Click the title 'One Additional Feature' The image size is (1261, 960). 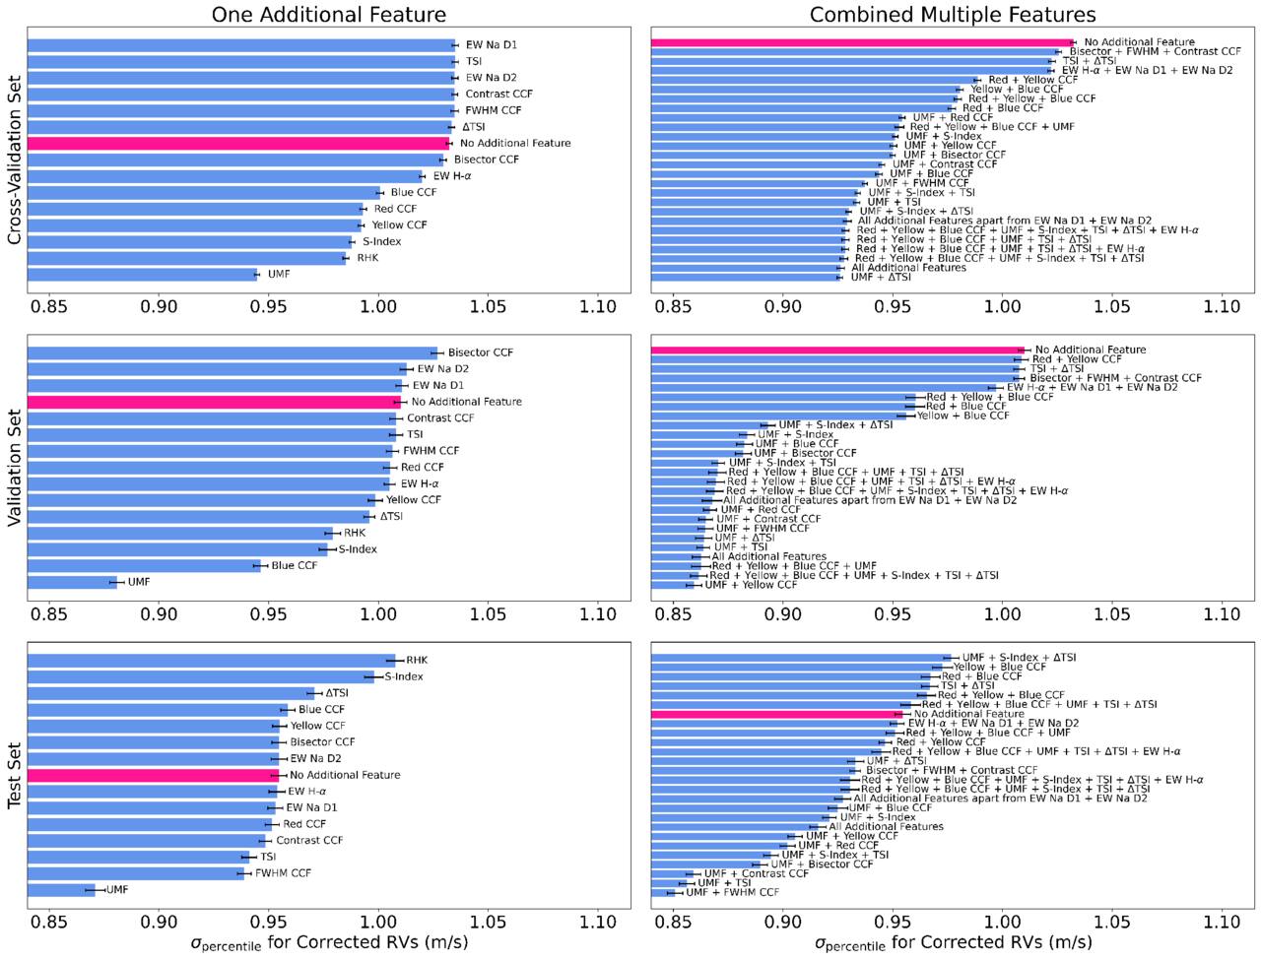pyautogui.click(x=329, y=15)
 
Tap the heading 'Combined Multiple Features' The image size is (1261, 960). pyautogui.click(x=953, y=15)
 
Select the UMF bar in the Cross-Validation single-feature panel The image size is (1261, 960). pyautogui.click(x=142, y=275)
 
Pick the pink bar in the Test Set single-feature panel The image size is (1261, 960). pyautogui.click(x=153, y=775)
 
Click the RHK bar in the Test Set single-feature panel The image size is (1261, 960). pyautogui.click(x=212, y=661)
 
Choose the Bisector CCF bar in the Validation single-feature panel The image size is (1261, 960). pyautogui.click(x=232, y=352)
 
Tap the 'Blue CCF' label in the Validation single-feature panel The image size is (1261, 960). pyautogui.click(x=295, y=565)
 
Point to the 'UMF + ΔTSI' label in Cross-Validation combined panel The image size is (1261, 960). pyautogui.click(x=881, y=278)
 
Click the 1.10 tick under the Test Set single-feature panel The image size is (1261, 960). pyautogui.click(x=597, y=923)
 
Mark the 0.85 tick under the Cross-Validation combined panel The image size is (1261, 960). pyautogui.click(x=673, y=306)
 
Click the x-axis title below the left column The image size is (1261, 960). pyautogui.click(x=329, y=943)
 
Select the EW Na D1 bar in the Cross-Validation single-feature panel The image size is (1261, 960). pyautogui.click(x=241, y=45)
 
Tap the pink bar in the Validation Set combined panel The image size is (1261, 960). pyautogui.click(x=837, y=351)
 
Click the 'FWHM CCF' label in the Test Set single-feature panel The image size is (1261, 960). pyautogui.click(x=283, y=873)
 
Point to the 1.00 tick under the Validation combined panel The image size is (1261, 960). pyautogui.click(x=1003, y=614)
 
